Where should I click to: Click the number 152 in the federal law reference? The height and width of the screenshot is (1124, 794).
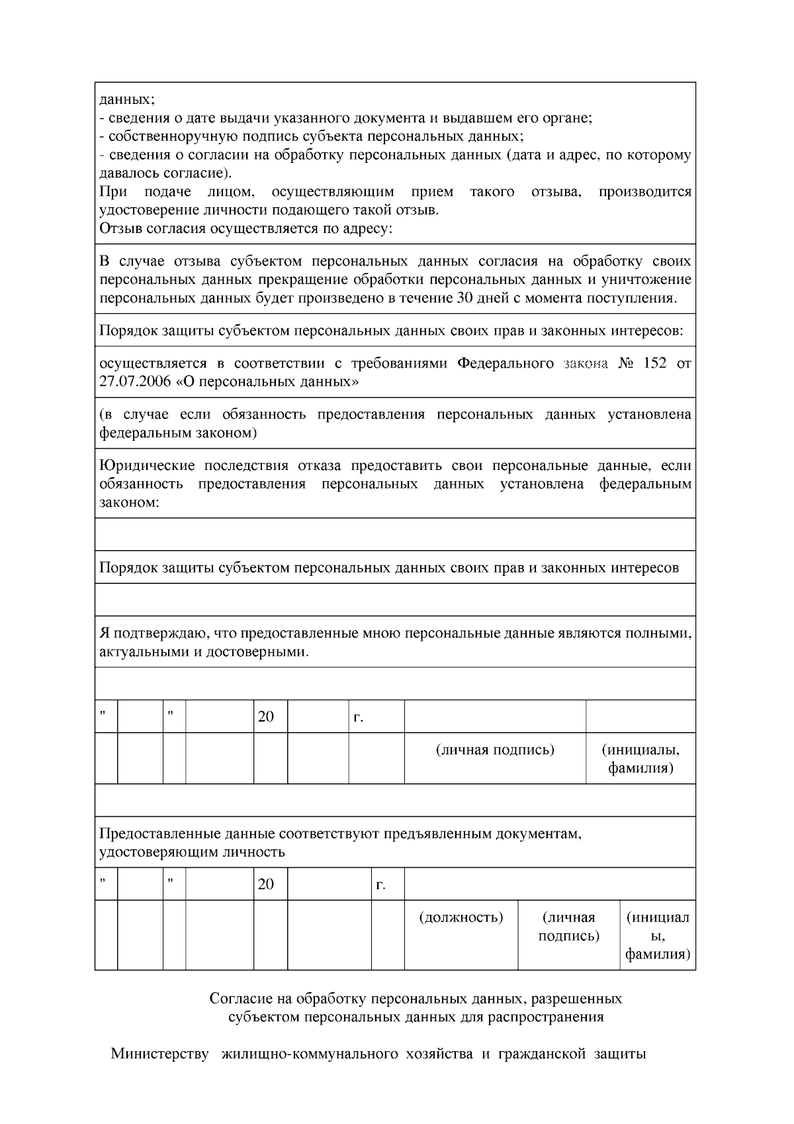(x=654, y=363)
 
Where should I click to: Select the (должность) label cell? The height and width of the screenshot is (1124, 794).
(x=461, y=917)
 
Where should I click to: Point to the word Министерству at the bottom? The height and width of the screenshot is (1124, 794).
(x=159, y=1053)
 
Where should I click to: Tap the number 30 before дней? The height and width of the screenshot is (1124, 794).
(x=464, y=297)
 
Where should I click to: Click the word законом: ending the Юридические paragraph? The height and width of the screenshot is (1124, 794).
(x=129, y=502)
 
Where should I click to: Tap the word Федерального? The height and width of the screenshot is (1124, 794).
(x=506, y=363)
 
